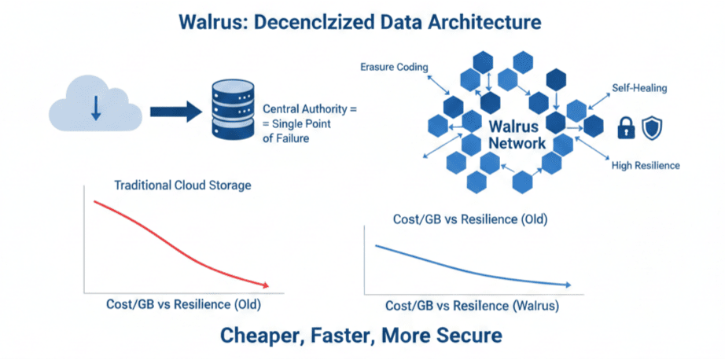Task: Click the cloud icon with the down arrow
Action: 95,108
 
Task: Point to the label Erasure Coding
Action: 394,68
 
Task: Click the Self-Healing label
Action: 639,88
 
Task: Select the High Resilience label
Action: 646,166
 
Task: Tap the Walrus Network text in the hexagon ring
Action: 517,134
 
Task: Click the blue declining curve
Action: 472,267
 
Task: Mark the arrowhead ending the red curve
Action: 267,285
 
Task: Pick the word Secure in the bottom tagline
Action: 467,336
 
